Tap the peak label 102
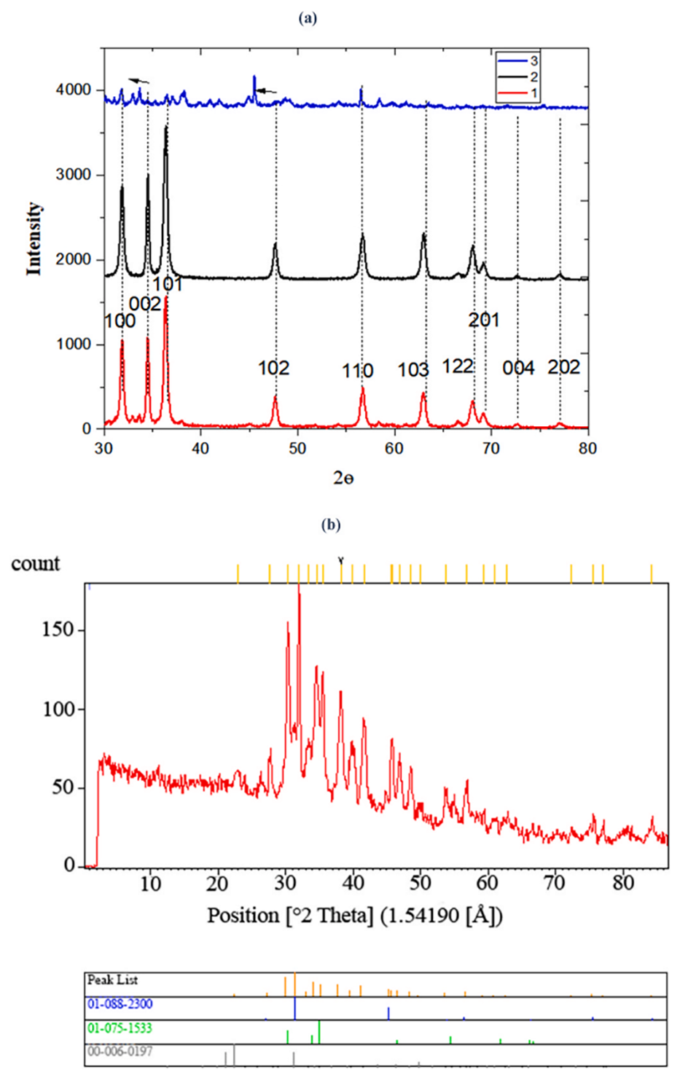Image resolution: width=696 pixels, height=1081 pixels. pos(273,368)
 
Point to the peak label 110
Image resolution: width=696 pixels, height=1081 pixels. pos(357,371)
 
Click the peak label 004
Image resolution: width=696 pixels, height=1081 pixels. pos(518,368)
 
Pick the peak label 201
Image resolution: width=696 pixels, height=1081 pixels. pos(483,320)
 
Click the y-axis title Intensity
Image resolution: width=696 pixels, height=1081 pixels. pos(34,239)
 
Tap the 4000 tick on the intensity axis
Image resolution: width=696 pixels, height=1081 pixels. pos(74,90)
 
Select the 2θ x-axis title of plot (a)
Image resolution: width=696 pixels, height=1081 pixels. pos(343,478)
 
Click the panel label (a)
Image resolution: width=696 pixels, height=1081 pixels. pos(308,18)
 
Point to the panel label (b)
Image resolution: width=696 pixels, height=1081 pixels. pos(330,524)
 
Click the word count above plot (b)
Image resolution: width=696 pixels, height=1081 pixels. pos(36,564)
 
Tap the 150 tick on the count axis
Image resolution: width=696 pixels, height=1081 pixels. pos(58,629)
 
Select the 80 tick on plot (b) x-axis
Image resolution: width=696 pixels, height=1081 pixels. pos(623,884)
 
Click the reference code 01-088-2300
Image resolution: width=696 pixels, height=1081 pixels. pos(120,1004)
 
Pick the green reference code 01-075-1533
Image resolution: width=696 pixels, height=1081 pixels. pos(120,1028)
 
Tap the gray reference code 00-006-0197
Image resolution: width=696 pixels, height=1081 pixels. pos(120,1051)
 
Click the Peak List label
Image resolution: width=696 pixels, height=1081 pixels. pos(112,980)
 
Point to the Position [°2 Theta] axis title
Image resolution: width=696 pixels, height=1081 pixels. pos(355,915)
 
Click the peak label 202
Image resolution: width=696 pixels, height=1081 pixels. pos(563,367)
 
